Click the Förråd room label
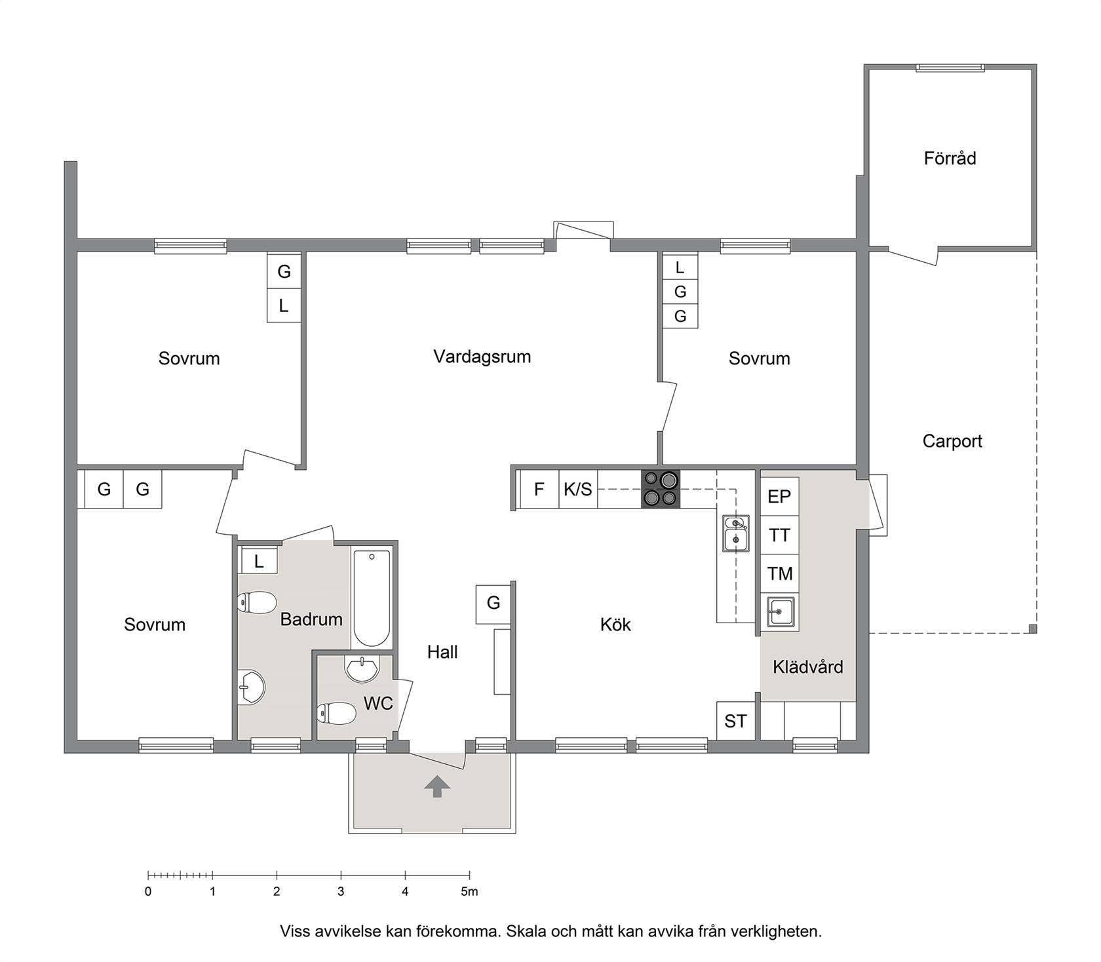950,159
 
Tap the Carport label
952,441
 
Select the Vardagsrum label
482,356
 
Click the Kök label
615,624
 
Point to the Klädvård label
808,667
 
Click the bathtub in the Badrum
372,598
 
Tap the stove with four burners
661,489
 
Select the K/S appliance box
578,489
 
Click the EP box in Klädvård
779,497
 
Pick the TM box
779,574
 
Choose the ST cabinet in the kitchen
735,721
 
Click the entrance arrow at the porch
437,786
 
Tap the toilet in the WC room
336,714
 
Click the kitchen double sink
736,533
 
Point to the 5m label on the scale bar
469,891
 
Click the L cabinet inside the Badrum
259,561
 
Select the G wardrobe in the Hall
493,603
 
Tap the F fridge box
539,489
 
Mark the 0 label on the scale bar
148,891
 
